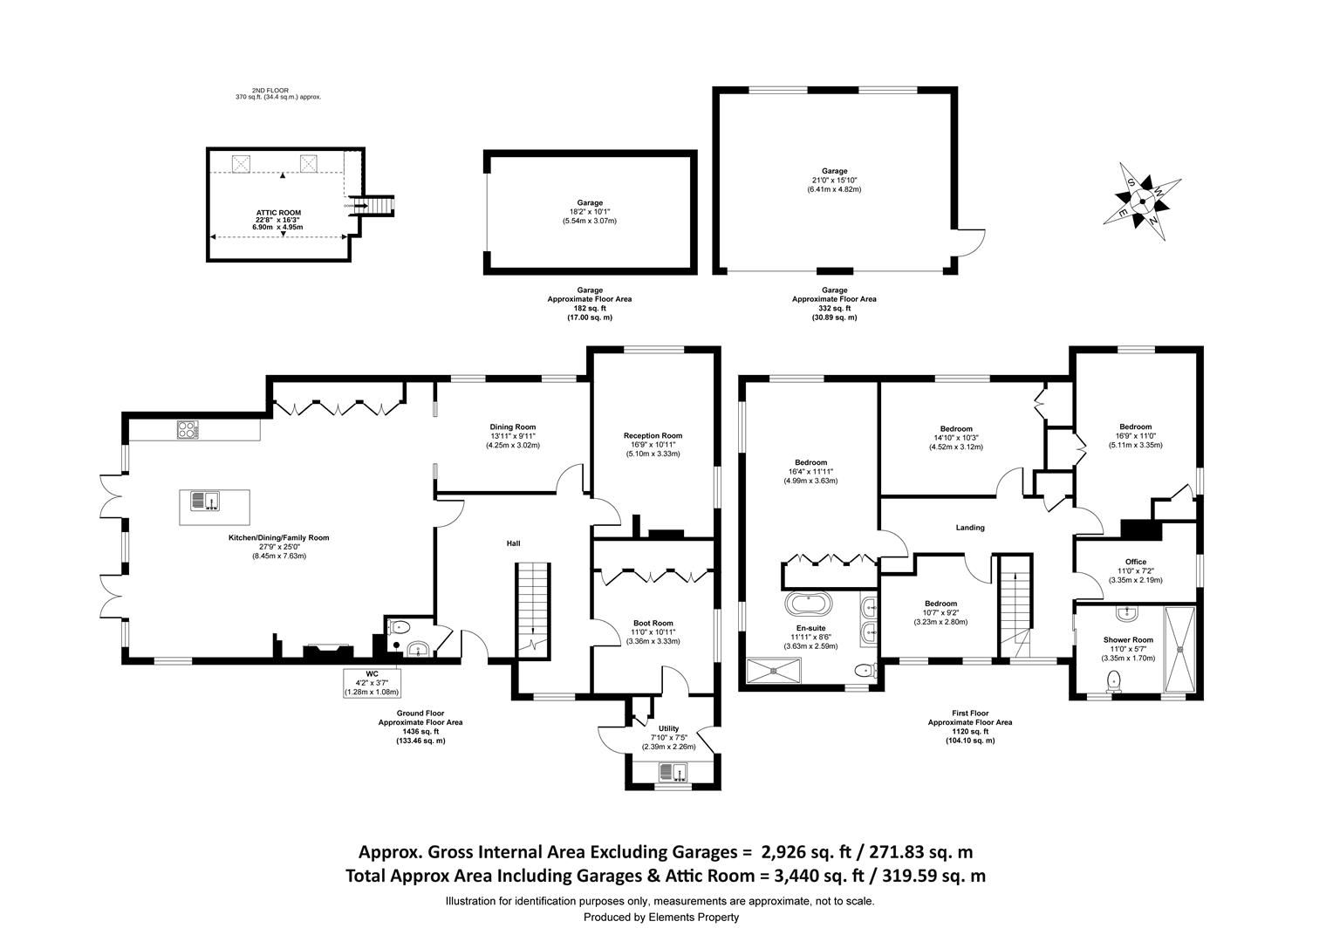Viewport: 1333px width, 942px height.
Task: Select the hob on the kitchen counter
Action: coord(188,428)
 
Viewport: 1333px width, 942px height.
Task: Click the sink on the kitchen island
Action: coord(207,501)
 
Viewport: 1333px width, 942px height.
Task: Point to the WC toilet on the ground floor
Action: coord(401,625)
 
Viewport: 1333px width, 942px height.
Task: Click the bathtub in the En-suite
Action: coord(810,604)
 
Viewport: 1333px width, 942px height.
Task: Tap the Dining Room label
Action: coord(513,427)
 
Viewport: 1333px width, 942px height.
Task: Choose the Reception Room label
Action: coord(653,436)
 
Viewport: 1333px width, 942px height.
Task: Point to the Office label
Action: coord(1135,562)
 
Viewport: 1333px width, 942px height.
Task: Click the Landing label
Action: coord(970,528)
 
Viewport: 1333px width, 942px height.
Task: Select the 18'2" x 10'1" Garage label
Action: coord(589,203)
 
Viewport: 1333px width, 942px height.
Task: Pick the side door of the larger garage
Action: coord(963,251)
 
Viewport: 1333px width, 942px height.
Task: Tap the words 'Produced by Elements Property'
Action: coord(660,917)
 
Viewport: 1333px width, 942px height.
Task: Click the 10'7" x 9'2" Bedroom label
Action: coord(940,604)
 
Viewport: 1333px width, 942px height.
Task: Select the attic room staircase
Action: coord(379,207)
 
